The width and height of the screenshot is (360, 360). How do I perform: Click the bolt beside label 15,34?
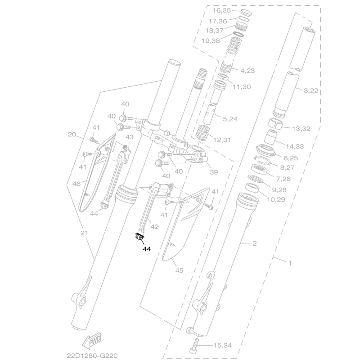194,346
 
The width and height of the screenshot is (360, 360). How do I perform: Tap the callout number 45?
179,270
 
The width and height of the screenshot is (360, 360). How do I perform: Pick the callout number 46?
76,183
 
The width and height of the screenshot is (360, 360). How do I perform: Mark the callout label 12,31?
222,140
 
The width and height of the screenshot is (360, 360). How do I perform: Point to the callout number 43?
130,137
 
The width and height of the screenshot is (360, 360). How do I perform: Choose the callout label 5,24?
229,119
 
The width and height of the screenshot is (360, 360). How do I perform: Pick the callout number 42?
154,227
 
